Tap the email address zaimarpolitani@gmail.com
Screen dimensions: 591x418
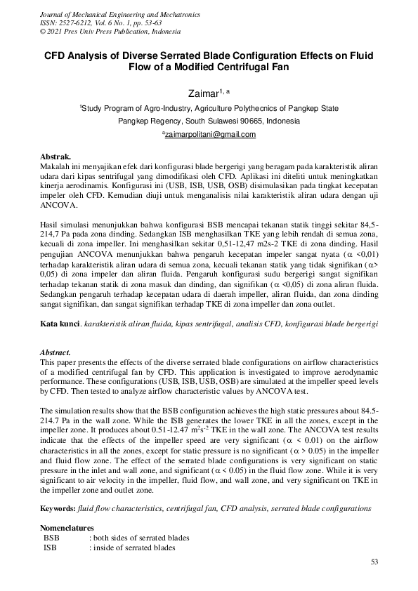tap(209, 135)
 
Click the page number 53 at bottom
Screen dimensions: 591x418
tap(374, 562)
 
